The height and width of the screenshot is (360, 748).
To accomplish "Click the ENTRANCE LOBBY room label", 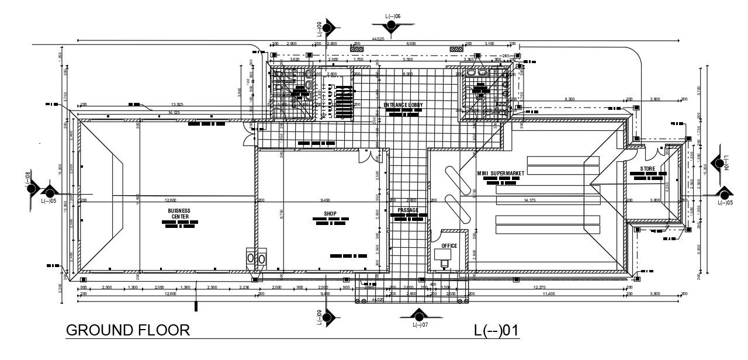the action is point(403,105).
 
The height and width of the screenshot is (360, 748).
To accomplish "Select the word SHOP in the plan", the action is point(331,214).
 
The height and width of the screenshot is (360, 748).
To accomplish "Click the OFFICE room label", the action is point(449,246).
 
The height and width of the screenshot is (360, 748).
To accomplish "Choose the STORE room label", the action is point(647,169).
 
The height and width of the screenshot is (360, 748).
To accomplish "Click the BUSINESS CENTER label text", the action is point(179,213).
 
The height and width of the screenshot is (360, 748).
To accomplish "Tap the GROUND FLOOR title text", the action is point(128,330).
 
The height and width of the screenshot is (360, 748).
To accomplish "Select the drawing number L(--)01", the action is point(496,330).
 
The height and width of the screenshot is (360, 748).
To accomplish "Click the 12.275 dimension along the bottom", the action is point(539,287).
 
